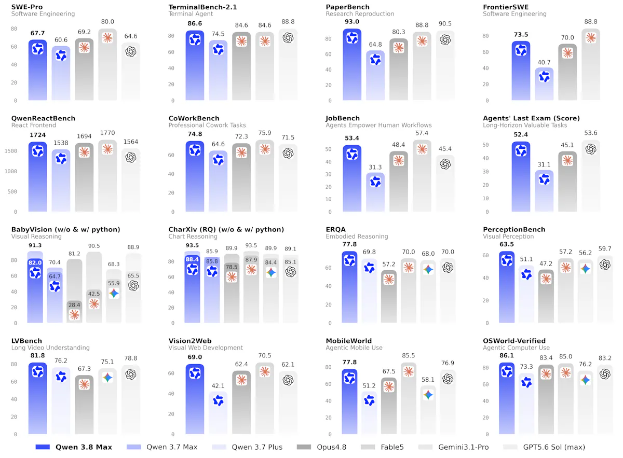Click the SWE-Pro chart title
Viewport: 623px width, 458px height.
[27, 7]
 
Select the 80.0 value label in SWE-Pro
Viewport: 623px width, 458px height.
[107, 22]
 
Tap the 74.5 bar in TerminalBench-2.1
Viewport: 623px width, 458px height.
[218, 70]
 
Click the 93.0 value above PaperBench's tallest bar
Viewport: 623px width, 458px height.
[352, 22]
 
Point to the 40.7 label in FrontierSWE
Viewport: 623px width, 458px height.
[544, 63]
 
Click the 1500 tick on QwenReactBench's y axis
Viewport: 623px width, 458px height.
[11, 151]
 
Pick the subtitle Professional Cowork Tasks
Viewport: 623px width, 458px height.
[207, 126]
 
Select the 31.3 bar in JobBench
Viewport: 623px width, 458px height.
[375, 192]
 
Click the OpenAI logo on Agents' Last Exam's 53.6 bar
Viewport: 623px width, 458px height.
[590, 149]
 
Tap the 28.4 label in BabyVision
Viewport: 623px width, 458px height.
[74, 305]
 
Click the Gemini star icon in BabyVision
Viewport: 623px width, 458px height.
[114, 294]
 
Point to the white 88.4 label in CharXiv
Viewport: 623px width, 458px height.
[192, 259]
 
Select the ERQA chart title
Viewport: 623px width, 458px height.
[335, 230]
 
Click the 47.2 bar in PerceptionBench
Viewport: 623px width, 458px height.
[546, 296]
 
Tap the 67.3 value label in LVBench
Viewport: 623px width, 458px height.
[84, 369]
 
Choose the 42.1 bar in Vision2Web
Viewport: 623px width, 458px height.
[218, 413]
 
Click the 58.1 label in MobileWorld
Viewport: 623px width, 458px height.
[428, 380]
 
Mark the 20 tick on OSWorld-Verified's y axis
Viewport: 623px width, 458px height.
[485, 418]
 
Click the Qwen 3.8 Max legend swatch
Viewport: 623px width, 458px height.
[43, 447]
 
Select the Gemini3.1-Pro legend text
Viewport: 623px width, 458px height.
[463, 447]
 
